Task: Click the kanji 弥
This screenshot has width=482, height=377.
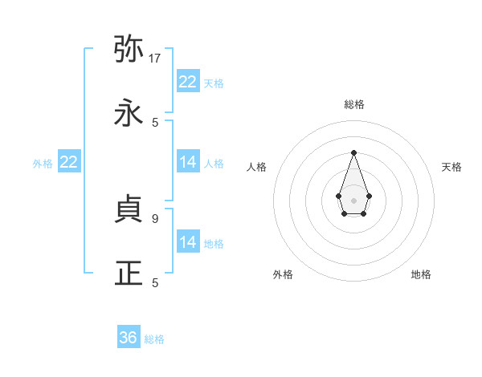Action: (x=129, y=50)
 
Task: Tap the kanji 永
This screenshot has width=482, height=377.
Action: (x=129, y=113)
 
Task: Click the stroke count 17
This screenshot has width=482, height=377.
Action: (x=155, y=59)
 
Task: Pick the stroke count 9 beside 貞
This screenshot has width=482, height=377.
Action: (x=154, y=217)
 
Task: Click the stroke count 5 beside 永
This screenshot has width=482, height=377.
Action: (x=155, y=122)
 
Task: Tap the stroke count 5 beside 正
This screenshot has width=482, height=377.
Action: (x=155, y=282)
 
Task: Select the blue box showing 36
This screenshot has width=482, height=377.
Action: (x=129, y=338)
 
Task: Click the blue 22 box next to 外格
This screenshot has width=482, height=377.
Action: (x=69, y=162)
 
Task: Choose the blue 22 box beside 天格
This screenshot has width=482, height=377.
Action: (x=188, y=82)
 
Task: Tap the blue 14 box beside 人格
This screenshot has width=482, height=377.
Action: (x=188, y=162)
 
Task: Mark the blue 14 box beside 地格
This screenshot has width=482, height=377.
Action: (x=188, y=242)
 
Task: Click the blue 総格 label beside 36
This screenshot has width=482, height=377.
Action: (x=154, y=339)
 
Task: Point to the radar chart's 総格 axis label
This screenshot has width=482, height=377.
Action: (x=353, y=104)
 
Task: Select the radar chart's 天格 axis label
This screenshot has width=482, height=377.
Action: (x=452, y=167)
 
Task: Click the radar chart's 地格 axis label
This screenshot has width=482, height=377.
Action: (x=421, y=274)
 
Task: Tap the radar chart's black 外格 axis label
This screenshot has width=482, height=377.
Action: (x=283, y=274)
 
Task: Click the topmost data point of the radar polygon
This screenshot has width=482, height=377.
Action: (x=353, y=152)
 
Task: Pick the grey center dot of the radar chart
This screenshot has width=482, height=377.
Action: (x=353, y=200)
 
